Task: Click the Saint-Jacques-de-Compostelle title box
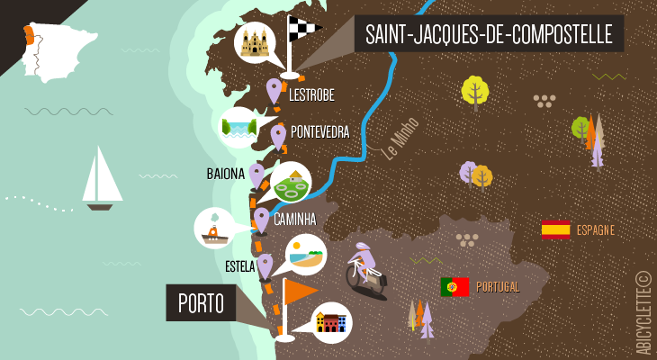(489, 35)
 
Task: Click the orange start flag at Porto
(300, 292)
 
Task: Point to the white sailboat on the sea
(101, 178)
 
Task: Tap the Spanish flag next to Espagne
(555, 229)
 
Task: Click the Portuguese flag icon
(454, 287)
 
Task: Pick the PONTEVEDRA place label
(319, 132)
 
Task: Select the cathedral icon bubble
(255, 42)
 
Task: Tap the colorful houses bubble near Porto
(331, 322)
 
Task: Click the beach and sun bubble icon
(305, 255)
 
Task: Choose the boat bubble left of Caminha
(214, 229)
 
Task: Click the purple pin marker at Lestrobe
(274, 90)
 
